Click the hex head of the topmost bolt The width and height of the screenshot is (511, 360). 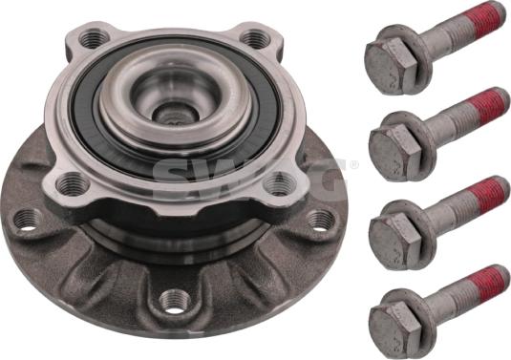point(391,66)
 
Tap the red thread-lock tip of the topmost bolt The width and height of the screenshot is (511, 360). point(491,19)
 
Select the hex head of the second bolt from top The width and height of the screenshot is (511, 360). point(395,152)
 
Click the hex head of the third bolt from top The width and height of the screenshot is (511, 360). point(395,241)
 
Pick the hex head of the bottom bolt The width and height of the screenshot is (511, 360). point(395,329)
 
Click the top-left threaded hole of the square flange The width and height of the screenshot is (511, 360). point(95,37)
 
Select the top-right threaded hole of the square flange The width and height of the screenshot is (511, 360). point(257,39)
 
